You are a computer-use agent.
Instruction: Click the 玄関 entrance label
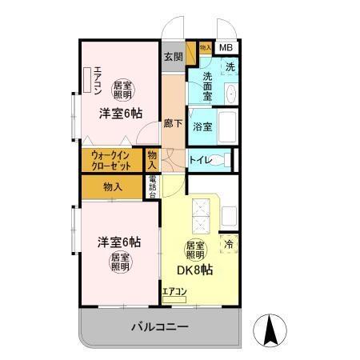point(174,57)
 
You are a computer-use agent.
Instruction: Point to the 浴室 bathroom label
point(202,126)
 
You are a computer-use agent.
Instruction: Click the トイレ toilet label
point(200,160)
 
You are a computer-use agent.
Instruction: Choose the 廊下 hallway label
point(172,125)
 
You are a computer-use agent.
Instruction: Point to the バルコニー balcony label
point(159,327)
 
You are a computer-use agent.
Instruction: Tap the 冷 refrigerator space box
point(229,244)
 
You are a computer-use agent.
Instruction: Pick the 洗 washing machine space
point(229,67)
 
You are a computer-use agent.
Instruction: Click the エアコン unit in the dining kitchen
point(174,294)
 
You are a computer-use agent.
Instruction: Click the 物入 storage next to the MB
point(205,49)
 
